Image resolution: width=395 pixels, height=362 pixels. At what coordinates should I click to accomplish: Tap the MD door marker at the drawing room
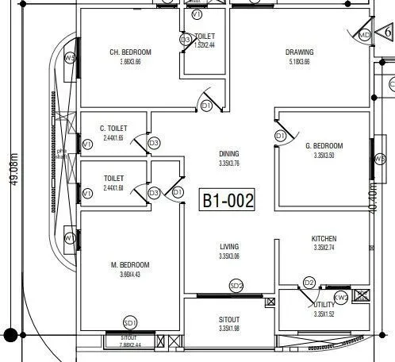pos(364,35)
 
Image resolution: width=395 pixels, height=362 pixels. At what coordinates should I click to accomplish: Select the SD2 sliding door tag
pos(236,285)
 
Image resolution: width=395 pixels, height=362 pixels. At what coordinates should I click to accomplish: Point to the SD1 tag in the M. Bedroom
pos(131,322)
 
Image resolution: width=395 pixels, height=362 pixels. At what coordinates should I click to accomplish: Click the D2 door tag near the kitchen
pos(309,283)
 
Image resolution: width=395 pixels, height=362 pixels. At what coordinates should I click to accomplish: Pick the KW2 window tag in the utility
pos(341,298)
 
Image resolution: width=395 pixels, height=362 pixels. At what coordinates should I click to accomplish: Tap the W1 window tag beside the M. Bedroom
pos(70,237)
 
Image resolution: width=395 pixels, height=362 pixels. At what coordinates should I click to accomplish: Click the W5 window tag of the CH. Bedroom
pos(70,59)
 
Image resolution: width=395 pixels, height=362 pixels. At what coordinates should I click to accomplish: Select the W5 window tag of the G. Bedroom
pos(379,158)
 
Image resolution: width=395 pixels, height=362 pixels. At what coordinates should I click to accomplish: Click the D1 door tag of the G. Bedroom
pos(280,137)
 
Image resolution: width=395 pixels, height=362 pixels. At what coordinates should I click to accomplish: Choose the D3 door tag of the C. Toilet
pos(154,143)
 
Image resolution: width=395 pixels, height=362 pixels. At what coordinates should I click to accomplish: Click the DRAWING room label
pos(300,52)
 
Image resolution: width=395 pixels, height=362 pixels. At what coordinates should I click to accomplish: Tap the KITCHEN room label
pos(324,238)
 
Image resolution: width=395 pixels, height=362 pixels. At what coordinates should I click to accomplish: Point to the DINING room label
pos(229,154)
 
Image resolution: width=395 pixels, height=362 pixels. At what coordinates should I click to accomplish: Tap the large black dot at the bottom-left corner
pos(10,335)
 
